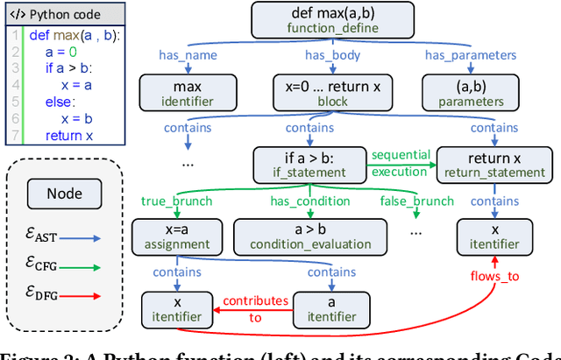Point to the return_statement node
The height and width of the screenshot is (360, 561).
tap(495, 163)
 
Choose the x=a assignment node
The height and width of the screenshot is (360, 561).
tap(178, 235)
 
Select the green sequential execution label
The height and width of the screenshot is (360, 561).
tap(400, 163)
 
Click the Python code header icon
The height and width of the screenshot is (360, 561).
tap(16, 16)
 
